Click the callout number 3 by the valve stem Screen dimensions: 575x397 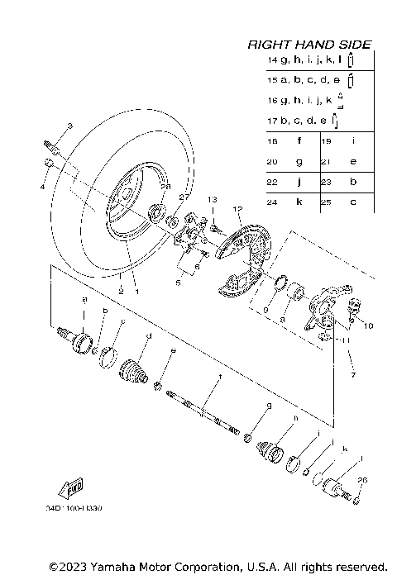pyautogui.click(x=70, y=126)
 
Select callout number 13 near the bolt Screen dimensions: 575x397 pyautogui.click(x=212, y=200)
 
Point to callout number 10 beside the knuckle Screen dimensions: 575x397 pyautogui.click(x=368, y=326)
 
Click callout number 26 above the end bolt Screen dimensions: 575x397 pyautogui.click(x=360, y=479)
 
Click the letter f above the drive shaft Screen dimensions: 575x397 pyautogui.click(x=220, y=377)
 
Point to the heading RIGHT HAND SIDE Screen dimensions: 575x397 pyautogui.click(x=309, y=45)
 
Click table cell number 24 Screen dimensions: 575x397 pyautogui.click(x=272, y=202)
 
